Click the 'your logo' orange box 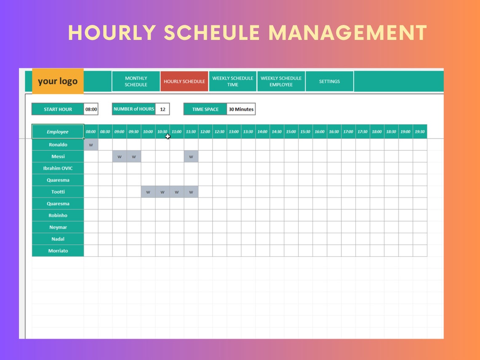[x=58, y=81]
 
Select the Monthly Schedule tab [x=136, y=81]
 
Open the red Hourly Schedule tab [x=184, y=81]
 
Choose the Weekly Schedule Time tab [x=233, y=81]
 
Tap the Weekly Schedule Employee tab [x=281, y=81]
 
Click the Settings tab [x=329, y=81]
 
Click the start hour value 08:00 [x=91, y=109]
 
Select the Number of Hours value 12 [x=163, y=109]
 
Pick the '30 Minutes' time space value [x=241, y=109]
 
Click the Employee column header [x=58, y=132]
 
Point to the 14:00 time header [x=262, y=132]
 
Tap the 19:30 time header [x=420, y=132]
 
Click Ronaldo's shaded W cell [x=91, y=145]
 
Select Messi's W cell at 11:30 [x=191, y=157]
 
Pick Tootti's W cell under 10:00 [x=148, y=192]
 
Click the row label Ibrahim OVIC [x=58, y=168]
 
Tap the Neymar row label [x=58, y=227]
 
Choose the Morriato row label [x=58, y=251]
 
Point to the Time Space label [x=205, y=109]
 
